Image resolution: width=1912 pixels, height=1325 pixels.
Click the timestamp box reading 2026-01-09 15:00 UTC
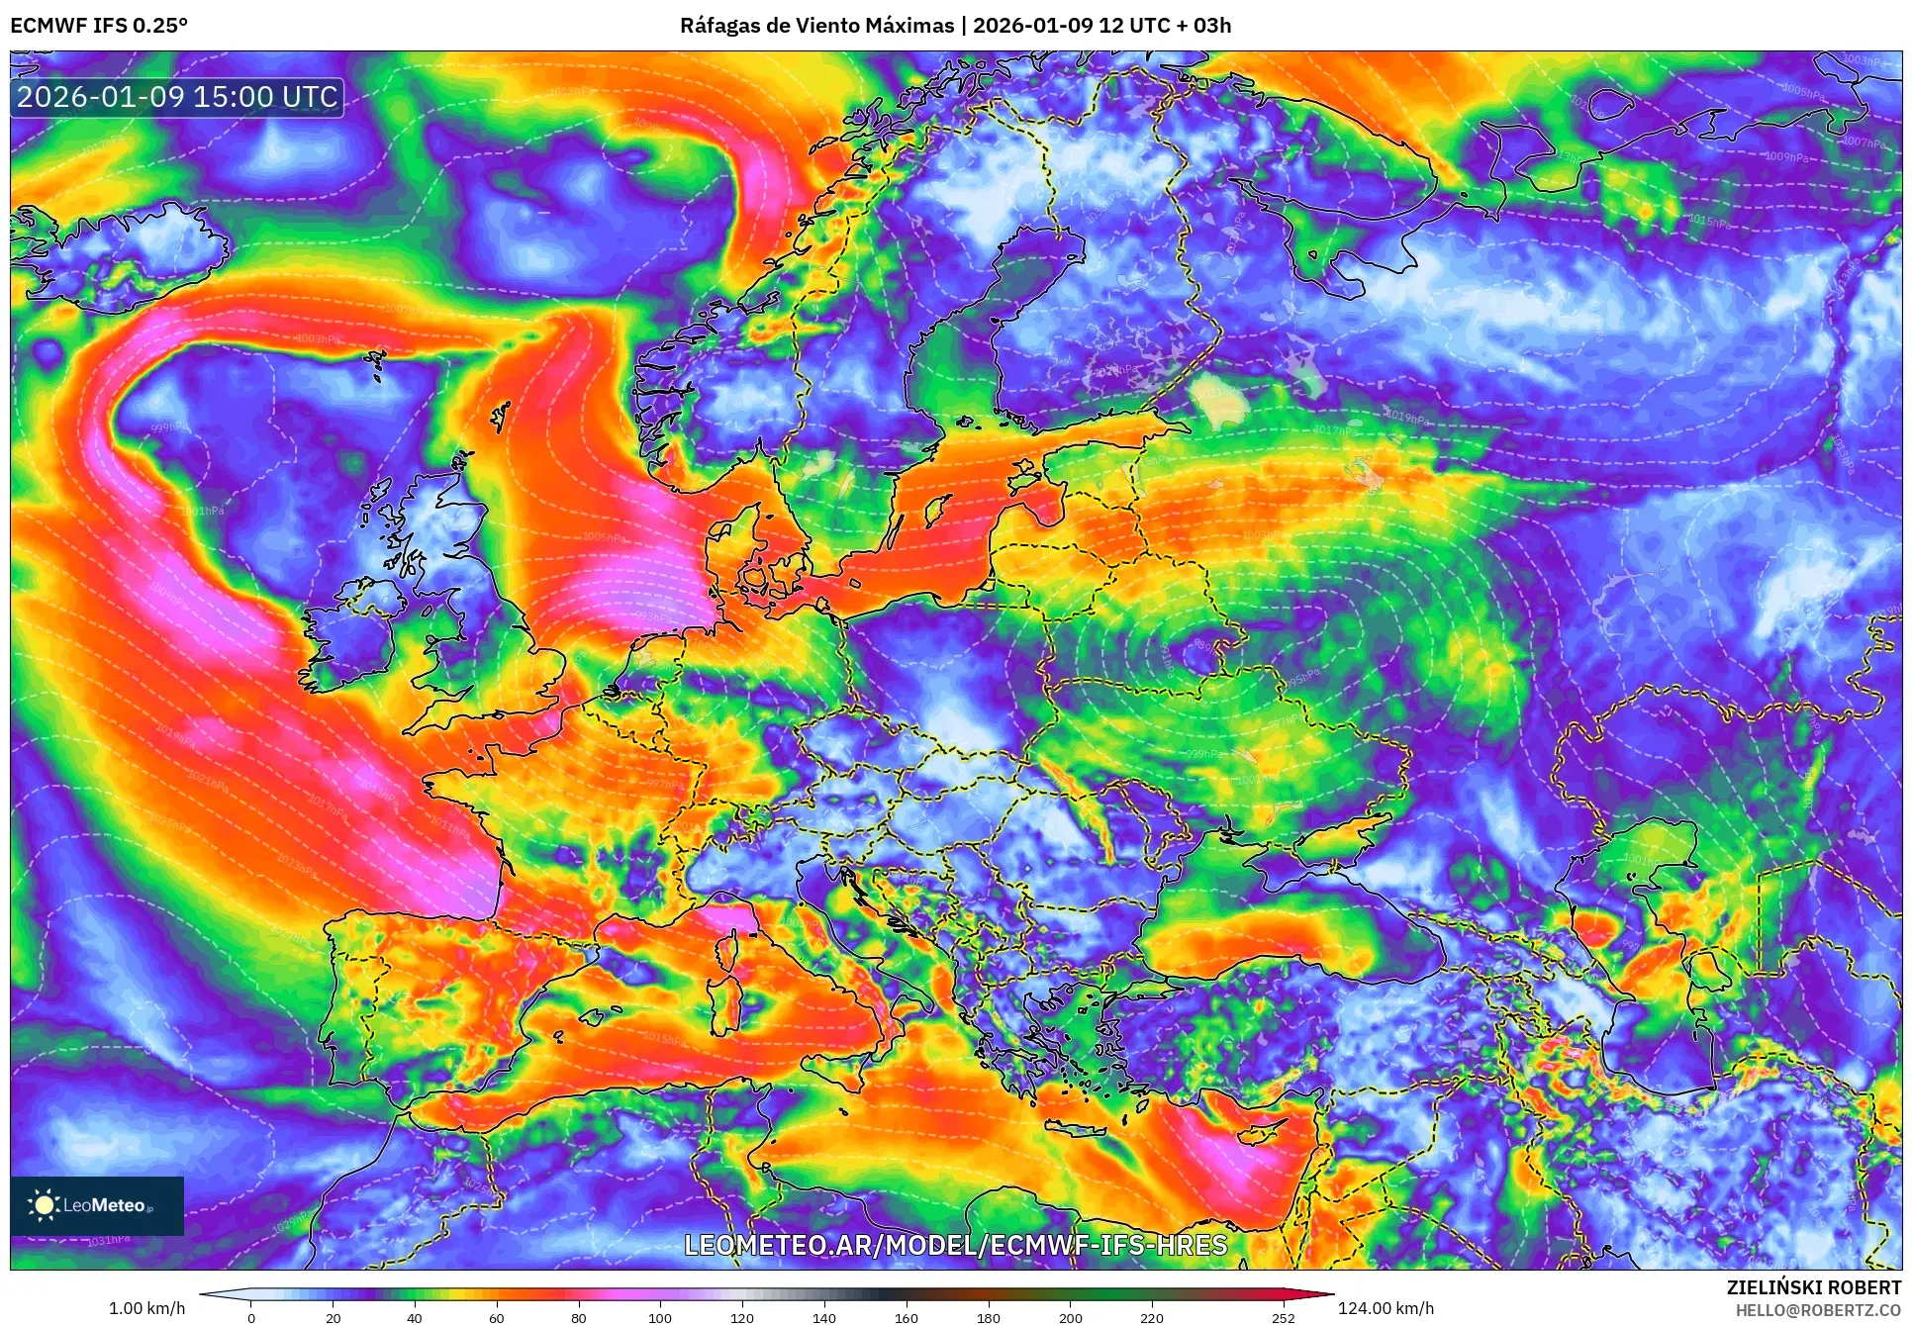tap(178, 97)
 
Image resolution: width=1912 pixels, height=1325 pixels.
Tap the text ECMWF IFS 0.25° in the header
tap(99, 26)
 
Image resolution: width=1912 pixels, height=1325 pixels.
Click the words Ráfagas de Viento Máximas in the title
tap(816, 26)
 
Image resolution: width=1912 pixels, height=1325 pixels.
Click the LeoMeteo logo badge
tap(97, 1205)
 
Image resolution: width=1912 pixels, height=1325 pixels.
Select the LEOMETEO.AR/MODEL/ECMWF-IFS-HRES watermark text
tap(955, 1245)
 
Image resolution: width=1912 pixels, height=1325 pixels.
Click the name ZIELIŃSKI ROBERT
tap(1813, 1288)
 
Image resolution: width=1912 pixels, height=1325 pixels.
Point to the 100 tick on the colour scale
tap(660, 1317)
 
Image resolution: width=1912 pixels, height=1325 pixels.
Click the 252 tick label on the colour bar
tap(1283, 1317)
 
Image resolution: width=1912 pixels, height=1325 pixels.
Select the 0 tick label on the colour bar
tap(251, 1317)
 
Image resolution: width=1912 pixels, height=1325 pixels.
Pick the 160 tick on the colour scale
tap(906, 1317)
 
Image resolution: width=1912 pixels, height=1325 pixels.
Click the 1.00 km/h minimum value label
tap(146, 1308)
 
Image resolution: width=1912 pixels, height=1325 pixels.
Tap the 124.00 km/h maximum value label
tap(1386, 1308)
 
